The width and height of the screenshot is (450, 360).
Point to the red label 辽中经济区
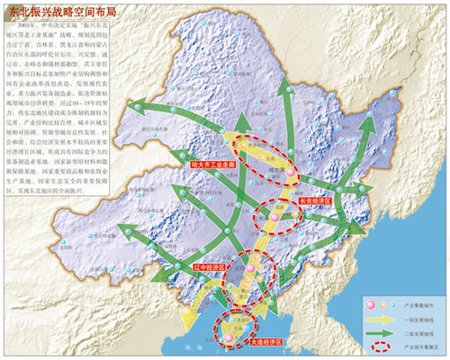pyautogui.click(x=211, y=268)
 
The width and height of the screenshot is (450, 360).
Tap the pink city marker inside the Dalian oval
pyautogui.click(x=229, y=337)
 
